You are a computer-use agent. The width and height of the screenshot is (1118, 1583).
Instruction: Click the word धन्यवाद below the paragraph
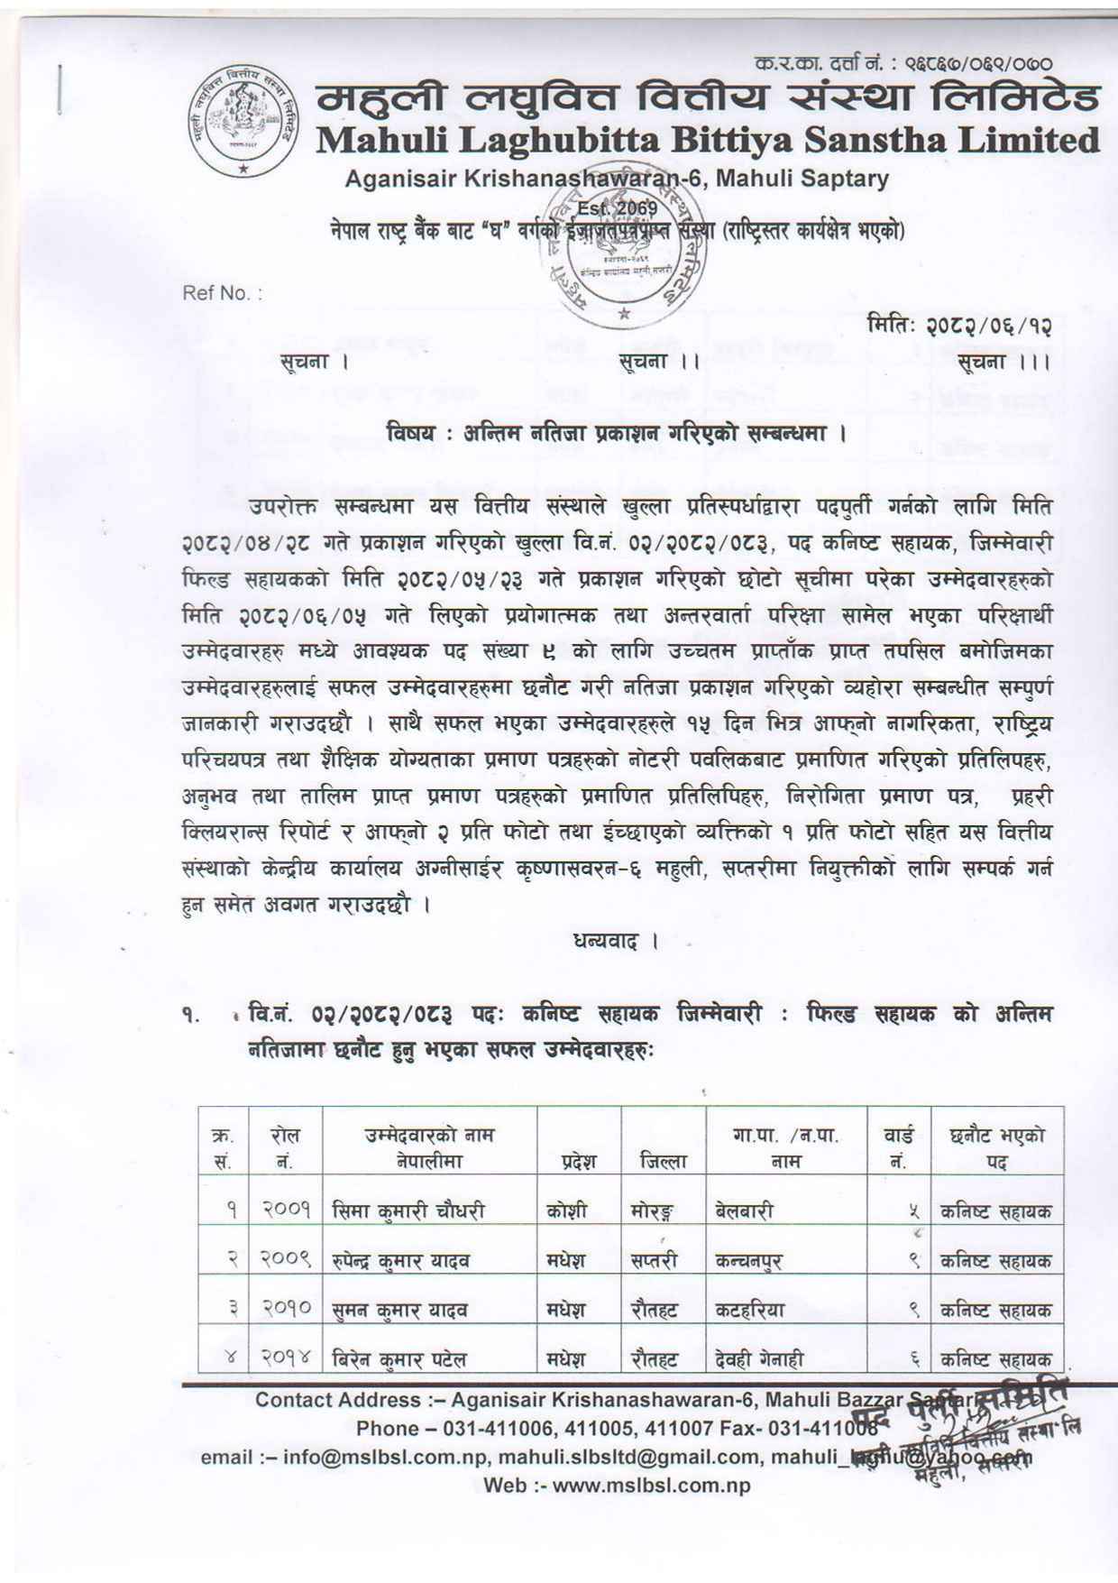click(603, 943)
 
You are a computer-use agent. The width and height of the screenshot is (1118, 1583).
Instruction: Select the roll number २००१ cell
click(288, 1210)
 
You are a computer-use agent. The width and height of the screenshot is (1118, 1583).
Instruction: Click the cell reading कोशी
click(567, 1210)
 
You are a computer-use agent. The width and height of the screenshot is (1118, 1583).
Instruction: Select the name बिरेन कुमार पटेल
click(399, 1358)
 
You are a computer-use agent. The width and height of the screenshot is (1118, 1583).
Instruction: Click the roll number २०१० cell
click(288, 1309)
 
